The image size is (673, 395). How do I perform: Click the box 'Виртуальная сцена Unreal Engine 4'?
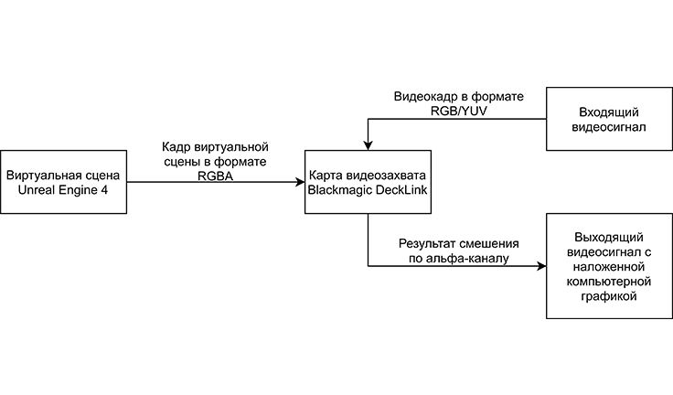pyautogui.click(x=62, y=182)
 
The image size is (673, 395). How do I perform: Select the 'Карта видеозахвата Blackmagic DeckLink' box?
pyautogui.click(x=367, y=182)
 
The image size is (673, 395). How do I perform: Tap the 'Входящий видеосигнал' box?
pyautogui.click(x=601, y=120)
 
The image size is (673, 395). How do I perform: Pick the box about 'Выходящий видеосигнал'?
pyautogui.click(x=601, y=266)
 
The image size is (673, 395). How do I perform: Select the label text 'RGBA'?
pyautogui.click(x=215, y=176)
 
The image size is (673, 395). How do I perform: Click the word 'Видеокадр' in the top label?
pyautogui.click(x=424, y=96)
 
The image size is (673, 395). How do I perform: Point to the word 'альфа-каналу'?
pyautogui.click(x=471, y=260)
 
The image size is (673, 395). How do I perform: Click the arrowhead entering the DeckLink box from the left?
pyautogui.click(x=300, y=182)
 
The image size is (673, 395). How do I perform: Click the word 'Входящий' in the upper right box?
pyautogui.click(x=601, y=112)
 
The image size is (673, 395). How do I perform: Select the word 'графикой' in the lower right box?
pyautogui.click(x=601, y=297)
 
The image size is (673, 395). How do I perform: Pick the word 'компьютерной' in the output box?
pyautogui.click(x=601, y=282)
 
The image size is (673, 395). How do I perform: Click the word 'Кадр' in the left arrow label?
pyautogui.click(x=176, y=146)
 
